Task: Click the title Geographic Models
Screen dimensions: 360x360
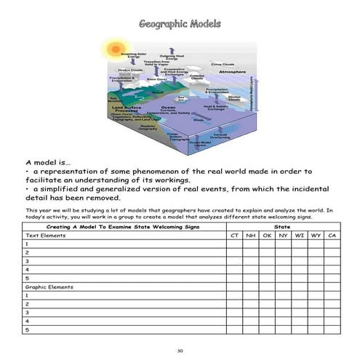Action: point(179,24)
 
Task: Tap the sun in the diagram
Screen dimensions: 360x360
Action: point(114,49)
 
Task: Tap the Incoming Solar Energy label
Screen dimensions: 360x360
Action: point(133,55)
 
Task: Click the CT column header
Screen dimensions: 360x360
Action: point(233,236)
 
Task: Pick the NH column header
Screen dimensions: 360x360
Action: point(249,236)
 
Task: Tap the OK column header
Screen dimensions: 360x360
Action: point(266,236)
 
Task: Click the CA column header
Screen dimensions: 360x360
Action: point(332,236)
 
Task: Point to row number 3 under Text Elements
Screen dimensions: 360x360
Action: point(27,261)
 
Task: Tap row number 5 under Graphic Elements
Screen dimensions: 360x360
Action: point(27,329)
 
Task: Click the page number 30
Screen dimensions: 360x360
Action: point(180,351)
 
